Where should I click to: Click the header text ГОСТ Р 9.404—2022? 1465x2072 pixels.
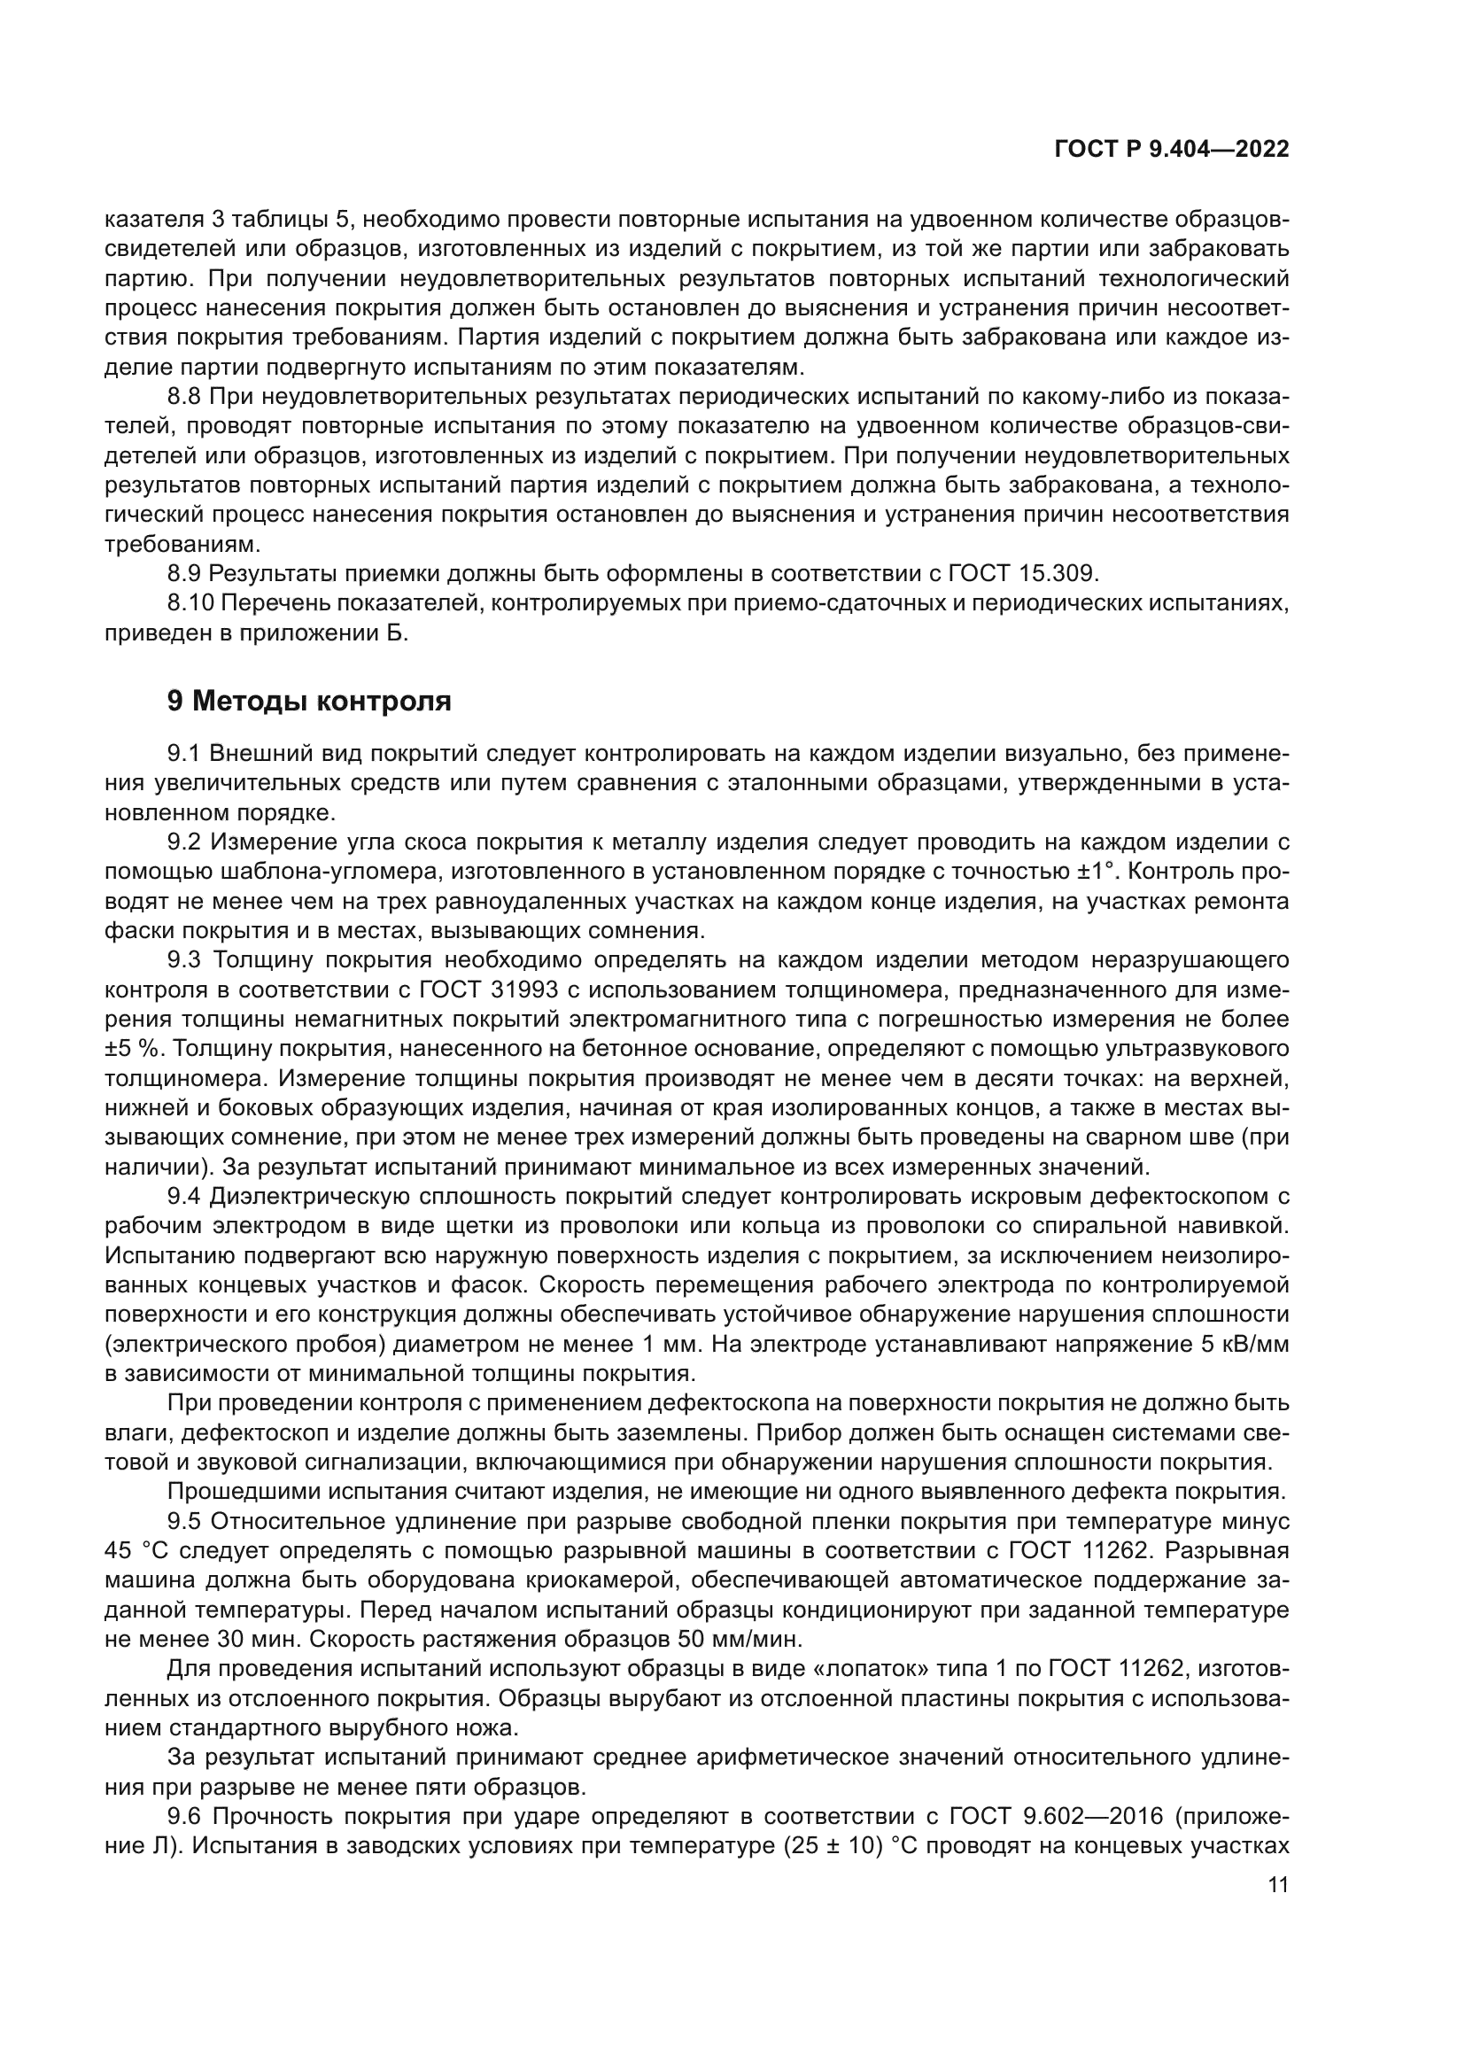click(1171, 150)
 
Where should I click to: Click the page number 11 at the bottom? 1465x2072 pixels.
click(1277, 1885)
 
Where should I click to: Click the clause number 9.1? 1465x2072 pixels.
click(187, 754)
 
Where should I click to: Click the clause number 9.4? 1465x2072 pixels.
click(187, 1198)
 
